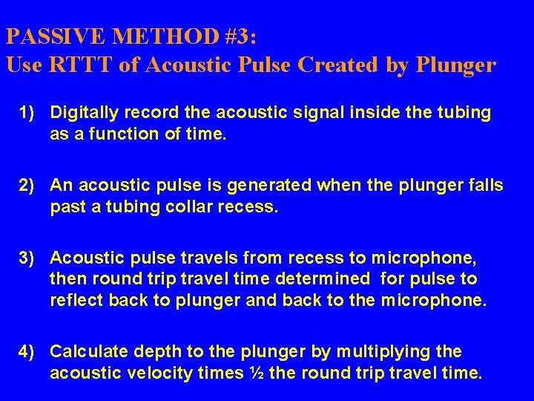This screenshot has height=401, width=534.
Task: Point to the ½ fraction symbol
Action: [x=255, y=372]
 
